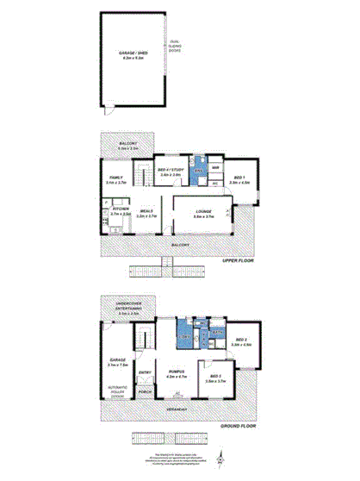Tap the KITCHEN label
pyautogui.click(x=120, y=210)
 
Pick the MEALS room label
pyautogui.click(x=146, y=210)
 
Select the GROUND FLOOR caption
pyautogui.click(x=239, y=426)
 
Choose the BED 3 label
pyautogui.click(x=215, y=377)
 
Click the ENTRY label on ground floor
pyautogui.click(x=145, y=372)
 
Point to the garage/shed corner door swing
pyautogui.click(x=107, y=111)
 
